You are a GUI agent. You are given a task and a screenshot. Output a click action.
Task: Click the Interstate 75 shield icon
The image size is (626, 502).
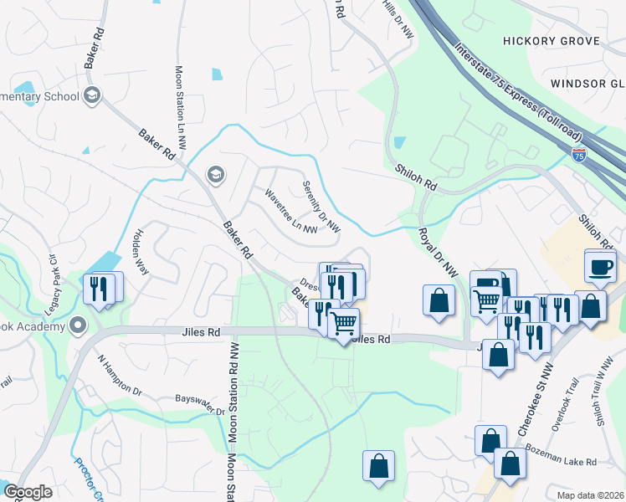pos(579,154)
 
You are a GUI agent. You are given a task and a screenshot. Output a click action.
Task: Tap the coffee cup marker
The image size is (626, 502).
pos(601,267)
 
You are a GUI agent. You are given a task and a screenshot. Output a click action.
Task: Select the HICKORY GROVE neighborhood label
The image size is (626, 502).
pos(552,41)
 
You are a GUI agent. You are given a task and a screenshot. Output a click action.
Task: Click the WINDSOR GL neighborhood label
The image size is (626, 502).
pos(588,84)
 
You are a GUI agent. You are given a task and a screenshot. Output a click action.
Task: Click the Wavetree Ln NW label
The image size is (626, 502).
pos(290,210)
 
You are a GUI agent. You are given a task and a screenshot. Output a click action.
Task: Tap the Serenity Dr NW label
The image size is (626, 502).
pos(321,207)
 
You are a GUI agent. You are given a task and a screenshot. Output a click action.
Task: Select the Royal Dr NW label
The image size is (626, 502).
pos(439,252)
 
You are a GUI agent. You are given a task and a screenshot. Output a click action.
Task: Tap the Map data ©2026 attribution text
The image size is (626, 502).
pos(590,495)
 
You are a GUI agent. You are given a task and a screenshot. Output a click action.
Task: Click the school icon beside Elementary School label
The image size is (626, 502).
pos(92,96)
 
